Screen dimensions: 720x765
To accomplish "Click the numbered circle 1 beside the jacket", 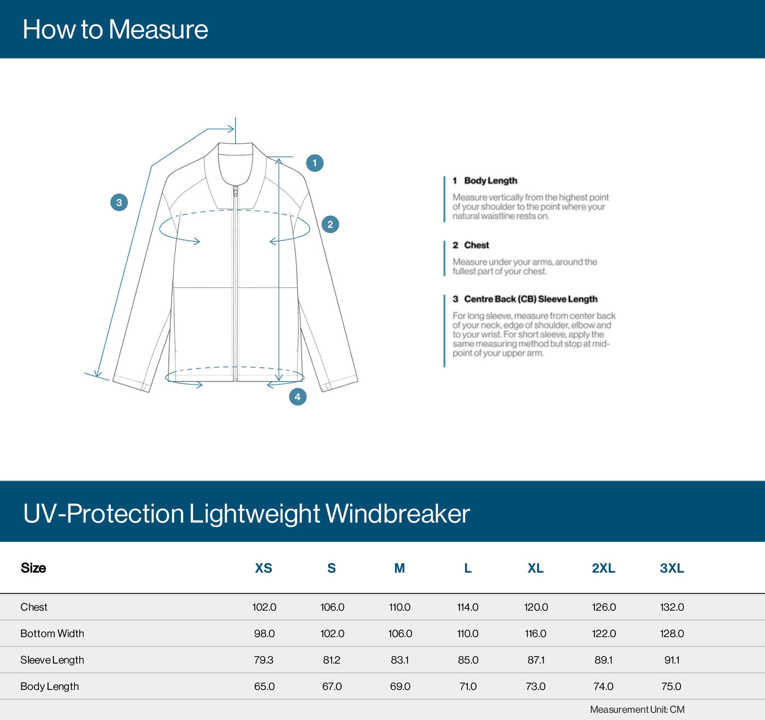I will click(314, 163).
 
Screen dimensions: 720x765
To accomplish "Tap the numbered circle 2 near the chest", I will click(330, 224).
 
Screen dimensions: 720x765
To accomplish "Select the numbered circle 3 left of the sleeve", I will click(119, 202).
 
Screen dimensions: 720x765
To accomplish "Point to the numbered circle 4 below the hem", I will click(297, 396).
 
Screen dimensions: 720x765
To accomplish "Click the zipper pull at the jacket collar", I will click(236, 191).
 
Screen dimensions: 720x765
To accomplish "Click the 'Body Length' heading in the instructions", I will click(490, 180).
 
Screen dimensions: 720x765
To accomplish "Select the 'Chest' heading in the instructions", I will click(476, 245).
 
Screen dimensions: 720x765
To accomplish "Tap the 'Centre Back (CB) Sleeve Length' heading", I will click(530, 299).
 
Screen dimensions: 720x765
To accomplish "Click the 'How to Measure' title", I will click(115, 30).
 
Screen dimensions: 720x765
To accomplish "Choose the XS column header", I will click(263, 568).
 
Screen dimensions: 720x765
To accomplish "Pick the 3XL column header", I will click(672, 568).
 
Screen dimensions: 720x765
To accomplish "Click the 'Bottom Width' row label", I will click(52, 633).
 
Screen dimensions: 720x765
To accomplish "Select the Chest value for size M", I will click(400, 607).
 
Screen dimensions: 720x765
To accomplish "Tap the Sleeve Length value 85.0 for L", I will click(468, 660).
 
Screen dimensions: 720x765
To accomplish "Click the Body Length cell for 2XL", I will click(603, 686).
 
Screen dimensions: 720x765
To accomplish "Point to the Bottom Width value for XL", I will click(535, 633).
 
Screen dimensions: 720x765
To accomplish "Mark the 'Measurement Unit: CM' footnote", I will click(637, 710).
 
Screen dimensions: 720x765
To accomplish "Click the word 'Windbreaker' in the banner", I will click(397, 513).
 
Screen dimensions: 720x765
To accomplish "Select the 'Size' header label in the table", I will click(33, 568).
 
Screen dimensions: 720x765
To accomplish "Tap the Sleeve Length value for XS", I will click(263, 660).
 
